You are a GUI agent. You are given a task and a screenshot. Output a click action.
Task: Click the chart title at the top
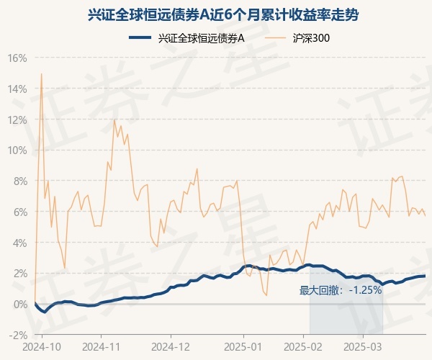(x=216, y=14)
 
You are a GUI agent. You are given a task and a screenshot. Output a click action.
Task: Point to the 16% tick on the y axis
(x=17, y=58)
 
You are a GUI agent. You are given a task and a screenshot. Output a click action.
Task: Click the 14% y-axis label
(x=17, y=89)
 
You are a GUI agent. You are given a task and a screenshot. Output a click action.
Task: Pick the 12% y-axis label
(x=17, y=120)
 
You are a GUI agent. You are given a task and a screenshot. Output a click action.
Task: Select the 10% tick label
(x=17, y=150)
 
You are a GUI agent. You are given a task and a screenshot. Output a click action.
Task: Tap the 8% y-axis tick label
(x=19, y=181)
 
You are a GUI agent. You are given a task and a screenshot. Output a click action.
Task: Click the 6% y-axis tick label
(x=19, y=212)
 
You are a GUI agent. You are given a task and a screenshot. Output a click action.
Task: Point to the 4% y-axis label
(x=19, y=243)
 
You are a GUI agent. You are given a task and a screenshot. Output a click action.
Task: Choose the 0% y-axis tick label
(x=19, y=304)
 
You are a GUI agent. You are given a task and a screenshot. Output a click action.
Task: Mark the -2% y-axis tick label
(x=18, y=335)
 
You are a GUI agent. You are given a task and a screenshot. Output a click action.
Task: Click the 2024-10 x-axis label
(x=42, y=346)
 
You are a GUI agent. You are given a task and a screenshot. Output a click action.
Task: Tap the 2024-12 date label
(x=171, y=346)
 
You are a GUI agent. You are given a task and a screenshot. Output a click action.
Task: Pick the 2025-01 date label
(x=243, y=346)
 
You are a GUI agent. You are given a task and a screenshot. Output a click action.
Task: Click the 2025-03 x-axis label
(x=364, y=346)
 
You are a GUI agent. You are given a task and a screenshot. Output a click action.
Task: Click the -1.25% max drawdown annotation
(x=340, y=291)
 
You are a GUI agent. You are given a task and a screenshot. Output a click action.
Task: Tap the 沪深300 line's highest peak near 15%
(x=41, y=73)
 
